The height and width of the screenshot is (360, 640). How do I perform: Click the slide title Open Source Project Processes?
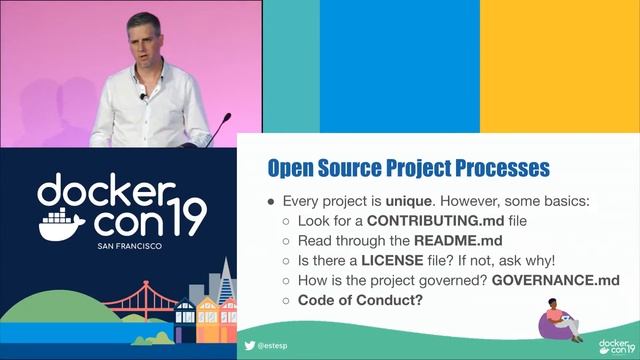[411, 165]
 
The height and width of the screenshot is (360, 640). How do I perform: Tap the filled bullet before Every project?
[270, 201]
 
